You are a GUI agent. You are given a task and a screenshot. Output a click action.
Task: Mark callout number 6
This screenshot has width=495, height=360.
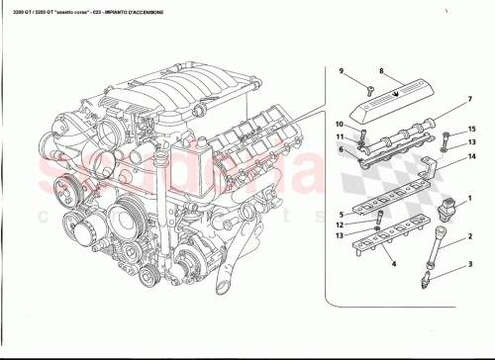click(341, 149)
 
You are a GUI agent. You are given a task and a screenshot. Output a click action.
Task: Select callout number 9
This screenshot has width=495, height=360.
click(341, 71)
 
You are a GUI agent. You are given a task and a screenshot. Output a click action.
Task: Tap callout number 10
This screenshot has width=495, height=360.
click(339, 125)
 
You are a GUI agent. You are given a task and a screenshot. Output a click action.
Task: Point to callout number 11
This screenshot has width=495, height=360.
click(339, 136)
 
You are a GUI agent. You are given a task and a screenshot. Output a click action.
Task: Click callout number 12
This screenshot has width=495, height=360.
click(339, 225)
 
